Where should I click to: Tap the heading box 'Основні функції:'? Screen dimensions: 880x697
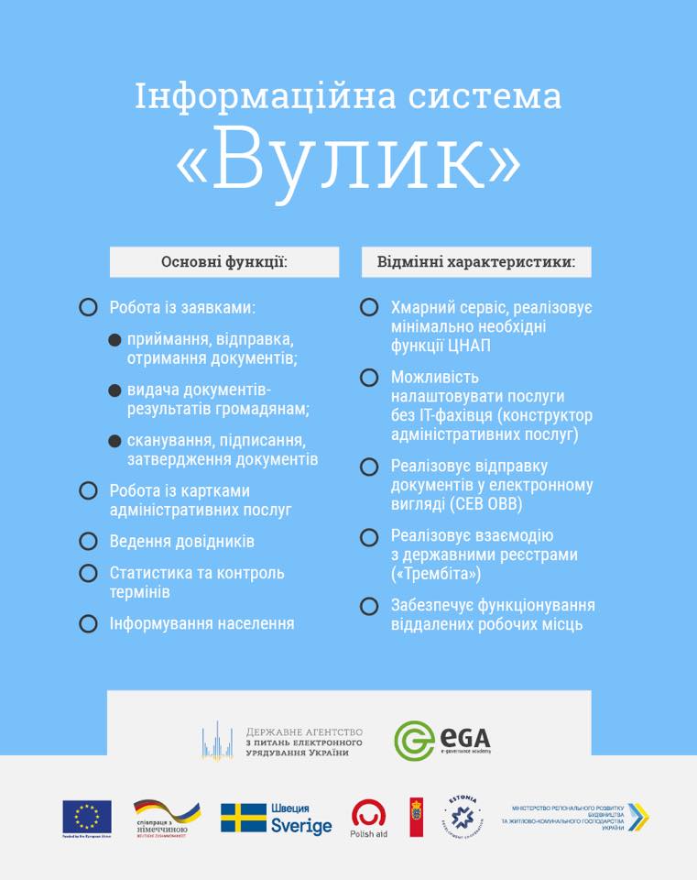pos(224,262)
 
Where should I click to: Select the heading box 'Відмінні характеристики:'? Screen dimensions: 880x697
pos(476,262)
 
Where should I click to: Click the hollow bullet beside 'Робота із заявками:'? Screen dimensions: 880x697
pos(88,308)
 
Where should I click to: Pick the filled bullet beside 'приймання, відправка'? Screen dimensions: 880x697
pos(114,340)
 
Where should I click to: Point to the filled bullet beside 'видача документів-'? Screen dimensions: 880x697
pos(114,390)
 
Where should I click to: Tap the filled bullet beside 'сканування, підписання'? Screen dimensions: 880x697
pos(114,441)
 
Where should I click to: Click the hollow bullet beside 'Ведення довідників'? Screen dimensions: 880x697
pos(88,542)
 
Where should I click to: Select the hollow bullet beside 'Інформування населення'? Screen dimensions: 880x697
pos(88,624)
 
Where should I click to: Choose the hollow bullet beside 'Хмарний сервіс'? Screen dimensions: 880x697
pos(369,308)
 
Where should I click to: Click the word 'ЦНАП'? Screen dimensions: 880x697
pos(470,346)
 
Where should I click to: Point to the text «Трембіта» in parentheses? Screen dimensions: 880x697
pos(436,574)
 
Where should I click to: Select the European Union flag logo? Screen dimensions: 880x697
pos(87,816)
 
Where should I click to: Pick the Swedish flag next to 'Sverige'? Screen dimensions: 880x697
pos(244,818)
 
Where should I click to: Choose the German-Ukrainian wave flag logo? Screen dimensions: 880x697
pos(167,814)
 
